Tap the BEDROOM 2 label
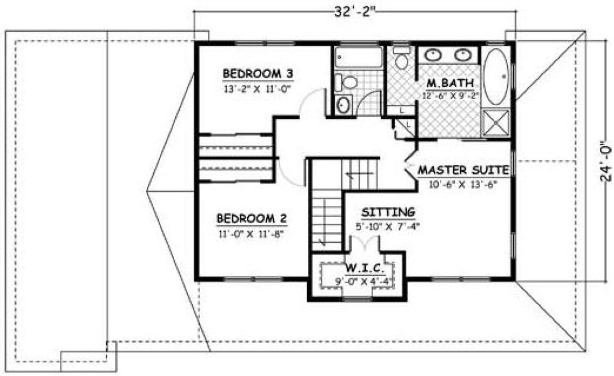click(252, 219)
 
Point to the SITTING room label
click(388, 212)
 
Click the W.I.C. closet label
click(357, 267)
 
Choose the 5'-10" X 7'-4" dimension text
click(389, 227)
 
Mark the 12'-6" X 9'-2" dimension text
click(450, 96)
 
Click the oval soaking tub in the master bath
click(495, 76)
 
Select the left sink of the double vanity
click(433, 55)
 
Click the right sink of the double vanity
click(463, 55)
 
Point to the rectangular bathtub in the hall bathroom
click(357, 58)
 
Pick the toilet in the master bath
click(401, 58)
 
